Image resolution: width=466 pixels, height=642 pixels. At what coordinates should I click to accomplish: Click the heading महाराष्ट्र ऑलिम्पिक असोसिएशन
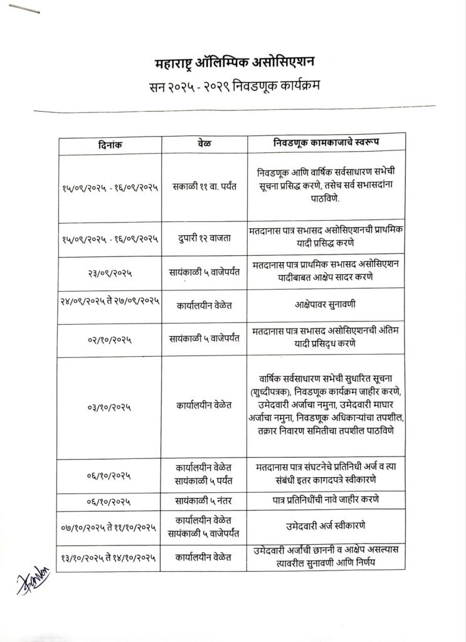pyautogui.click(x=235, y=63)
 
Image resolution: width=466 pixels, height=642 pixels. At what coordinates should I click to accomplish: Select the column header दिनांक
pyautogui.click(x=110, y=144)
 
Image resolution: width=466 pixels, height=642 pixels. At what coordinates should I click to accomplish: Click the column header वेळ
pyautogui.click(x=204, y=144)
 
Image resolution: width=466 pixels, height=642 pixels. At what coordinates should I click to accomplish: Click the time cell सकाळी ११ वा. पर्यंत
pyautogui.click(x=204, y=187)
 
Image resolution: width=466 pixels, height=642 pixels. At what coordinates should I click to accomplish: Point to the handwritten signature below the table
pyautogui.click(x=31, y=583)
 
